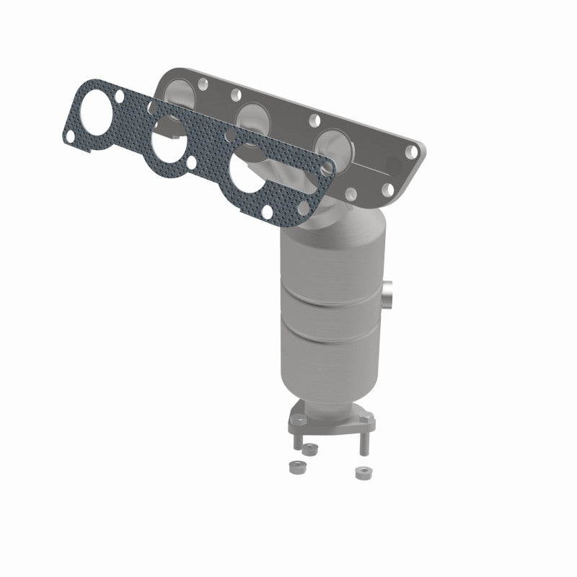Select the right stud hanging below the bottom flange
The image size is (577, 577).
[361, 443]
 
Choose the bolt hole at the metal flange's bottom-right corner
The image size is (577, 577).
[388, 190]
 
